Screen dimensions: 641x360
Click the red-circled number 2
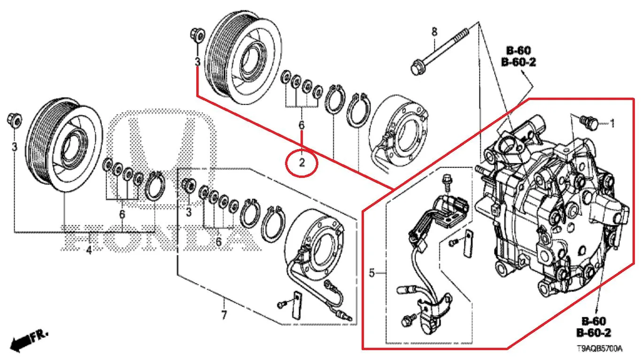301,163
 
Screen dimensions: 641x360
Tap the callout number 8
434,31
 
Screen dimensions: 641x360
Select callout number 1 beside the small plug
612,123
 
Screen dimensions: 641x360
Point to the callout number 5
371,273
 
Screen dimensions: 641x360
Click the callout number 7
224,315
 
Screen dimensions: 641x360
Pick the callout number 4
89,251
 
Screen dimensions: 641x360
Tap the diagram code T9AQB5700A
599,349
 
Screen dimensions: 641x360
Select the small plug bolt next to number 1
588,123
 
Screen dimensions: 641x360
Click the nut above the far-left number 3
14,120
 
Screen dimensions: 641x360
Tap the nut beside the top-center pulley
197,36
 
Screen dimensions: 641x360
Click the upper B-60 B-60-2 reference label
518,56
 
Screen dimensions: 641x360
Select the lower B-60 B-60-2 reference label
594,327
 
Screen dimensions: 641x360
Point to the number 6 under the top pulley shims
301,125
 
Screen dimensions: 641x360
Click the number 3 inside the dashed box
189,212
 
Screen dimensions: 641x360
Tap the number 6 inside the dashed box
218,242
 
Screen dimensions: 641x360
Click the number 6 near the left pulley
122,214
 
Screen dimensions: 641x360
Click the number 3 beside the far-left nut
14,147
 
